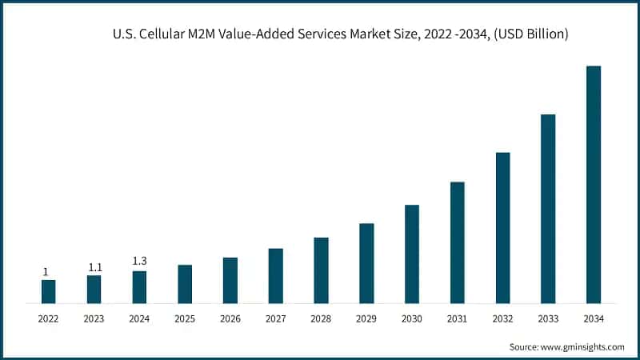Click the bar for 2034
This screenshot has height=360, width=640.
coord(594,185)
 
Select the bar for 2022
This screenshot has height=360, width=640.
coord(48,292)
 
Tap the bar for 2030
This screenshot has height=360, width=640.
coord(412,254)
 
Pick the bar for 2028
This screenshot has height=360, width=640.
coord(321,270)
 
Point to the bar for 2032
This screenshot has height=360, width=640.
coord(502,228)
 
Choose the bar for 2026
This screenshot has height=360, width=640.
coord(230,281)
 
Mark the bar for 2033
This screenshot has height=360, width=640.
coord(548,209)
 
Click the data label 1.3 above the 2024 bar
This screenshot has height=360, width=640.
coord(139,261)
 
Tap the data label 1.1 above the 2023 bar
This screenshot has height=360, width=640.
coord(94,266)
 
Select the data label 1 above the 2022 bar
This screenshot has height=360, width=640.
coord(46,271)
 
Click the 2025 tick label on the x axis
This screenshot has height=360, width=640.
coord(185,318)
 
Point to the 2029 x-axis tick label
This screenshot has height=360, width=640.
coord(366,318)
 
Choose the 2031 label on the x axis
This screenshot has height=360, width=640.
coord(457,318)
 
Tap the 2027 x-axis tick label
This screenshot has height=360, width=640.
coord(275,318)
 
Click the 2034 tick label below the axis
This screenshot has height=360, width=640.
coord(594,318)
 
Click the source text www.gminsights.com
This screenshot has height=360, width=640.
coord(582,346)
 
